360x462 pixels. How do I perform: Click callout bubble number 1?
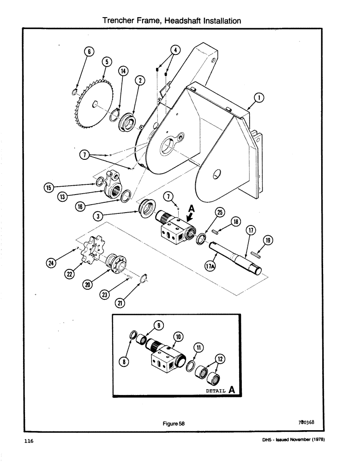click(x=259, y=97)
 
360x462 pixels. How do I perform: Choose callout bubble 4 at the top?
click(x=174, y=50)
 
